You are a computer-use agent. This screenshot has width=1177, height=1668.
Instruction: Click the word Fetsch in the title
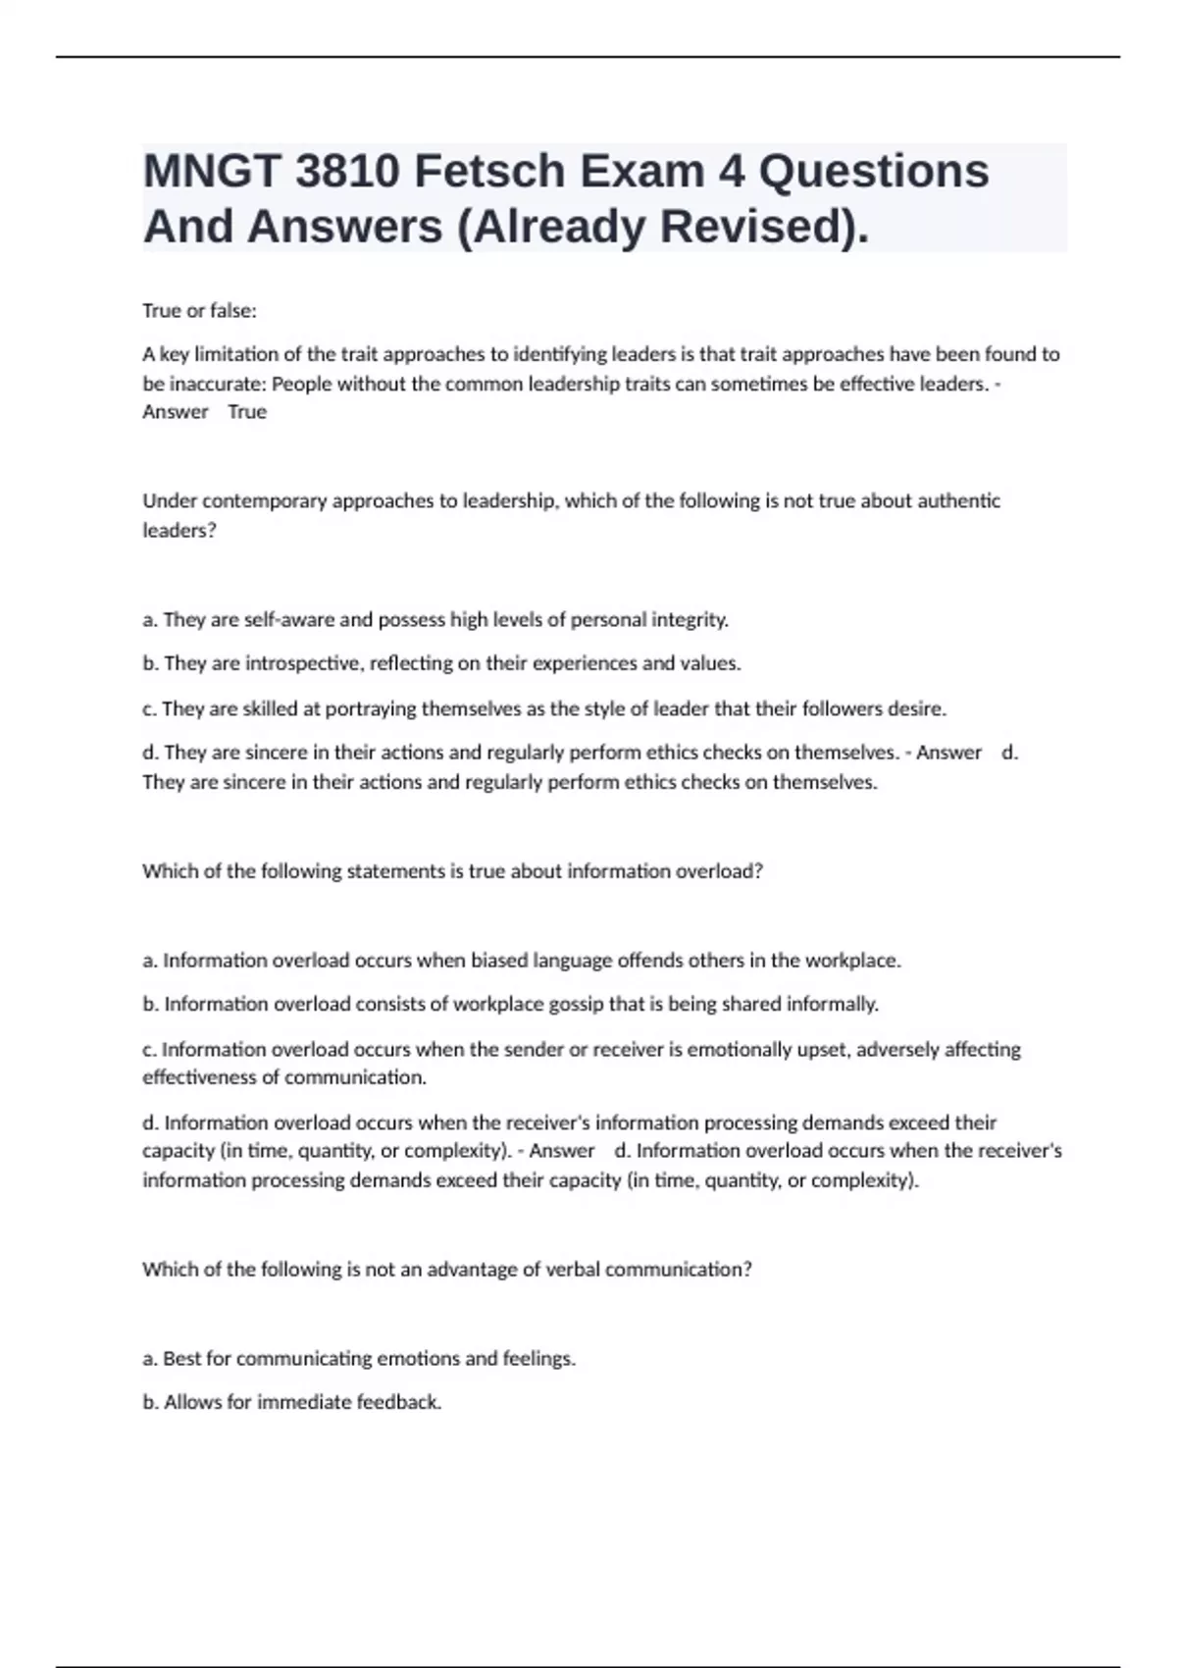coord(488,172)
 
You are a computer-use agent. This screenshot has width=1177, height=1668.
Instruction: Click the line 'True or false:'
coord(199,311)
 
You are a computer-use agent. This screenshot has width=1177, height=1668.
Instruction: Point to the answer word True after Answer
coord(247,412)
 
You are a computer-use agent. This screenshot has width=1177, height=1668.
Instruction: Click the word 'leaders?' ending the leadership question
coord(179,530)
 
